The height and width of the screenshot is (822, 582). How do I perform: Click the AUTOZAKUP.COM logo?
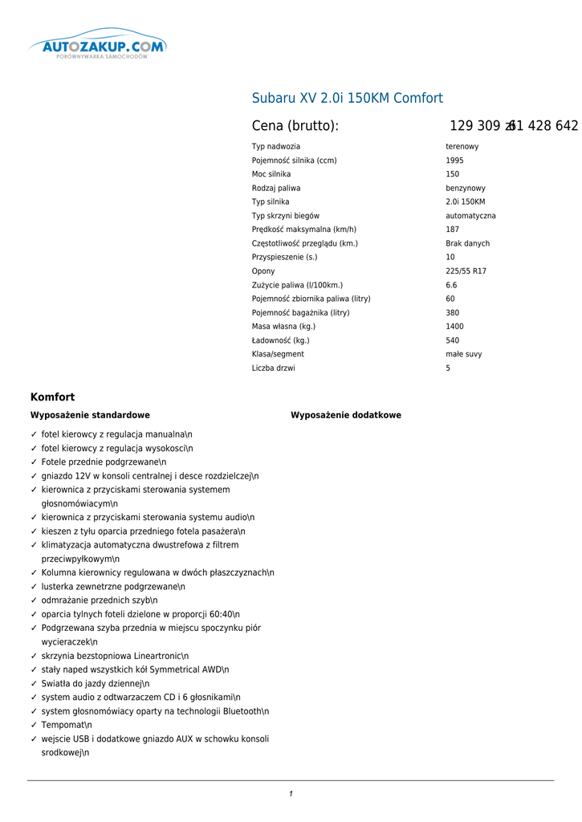pos(98,47)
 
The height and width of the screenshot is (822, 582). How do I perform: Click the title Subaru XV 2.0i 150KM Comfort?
pos(347,98)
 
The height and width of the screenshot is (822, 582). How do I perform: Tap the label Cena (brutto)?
pos(295,126)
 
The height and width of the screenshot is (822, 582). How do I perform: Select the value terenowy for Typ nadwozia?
pos(462,147)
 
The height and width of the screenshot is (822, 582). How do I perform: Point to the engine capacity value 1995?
pos(454,161)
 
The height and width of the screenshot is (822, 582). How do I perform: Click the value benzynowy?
pos(466,188)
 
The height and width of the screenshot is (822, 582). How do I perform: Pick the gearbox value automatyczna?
pos(470,216)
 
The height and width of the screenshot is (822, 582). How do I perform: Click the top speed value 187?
pos(453,230)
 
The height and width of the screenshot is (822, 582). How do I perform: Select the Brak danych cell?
pos(467,243)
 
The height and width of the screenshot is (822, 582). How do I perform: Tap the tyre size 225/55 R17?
pos(466,271)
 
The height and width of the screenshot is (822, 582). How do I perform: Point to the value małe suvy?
pos(464,354)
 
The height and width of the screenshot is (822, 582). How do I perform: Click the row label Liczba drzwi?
pos(273,368)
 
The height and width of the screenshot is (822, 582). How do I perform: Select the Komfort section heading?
pos(52,397)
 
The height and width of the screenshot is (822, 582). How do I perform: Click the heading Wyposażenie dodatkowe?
pos(346,415)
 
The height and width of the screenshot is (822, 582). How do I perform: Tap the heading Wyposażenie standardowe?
pos(90,415)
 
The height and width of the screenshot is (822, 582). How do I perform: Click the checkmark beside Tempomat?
pos(34,725)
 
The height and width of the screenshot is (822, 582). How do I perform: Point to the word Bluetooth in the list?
pos(242,711)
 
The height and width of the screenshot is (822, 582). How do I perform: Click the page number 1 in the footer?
pos(291,794)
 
